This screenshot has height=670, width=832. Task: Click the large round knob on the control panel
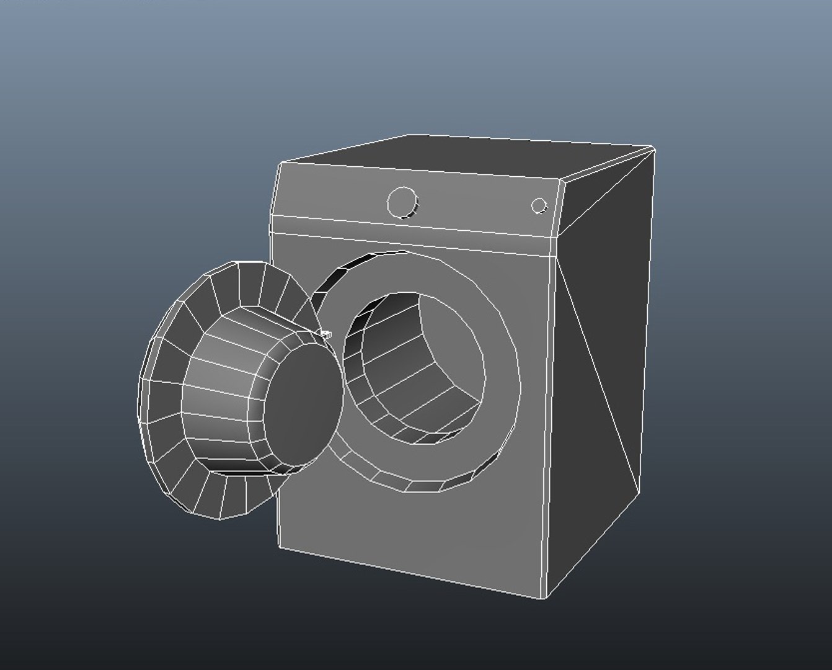click(x=402, y=202)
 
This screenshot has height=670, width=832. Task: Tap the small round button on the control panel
click(x=539, y=205)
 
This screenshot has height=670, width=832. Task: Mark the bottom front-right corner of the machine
click(x=544, y=598)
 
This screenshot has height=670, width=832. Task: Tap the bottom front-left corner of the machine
click(x=280, y=547)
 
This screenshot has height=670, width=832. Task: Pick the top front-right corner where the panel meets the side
click(x=562, y=181)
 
